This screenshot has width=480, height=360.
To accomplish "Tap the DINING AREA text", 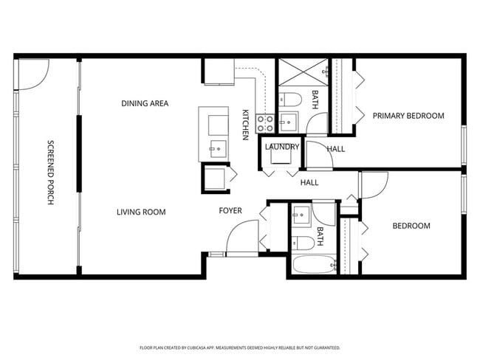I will pos(145,103).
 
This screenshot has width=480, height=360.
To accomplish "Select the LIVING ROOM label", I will pos(140,212).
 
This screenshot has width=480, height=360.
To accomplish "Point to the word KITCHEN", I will pos(245,124).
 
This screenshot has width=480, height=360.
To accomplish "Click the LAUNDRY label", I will pos(281,147).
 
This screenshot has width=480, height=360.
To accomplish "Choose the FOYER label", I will pos(230,211).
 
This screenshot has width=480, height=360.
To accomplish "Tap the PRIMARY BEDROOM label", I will pos(408,116).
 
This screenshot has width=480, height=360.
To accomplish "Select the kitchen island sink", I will pos(218,148).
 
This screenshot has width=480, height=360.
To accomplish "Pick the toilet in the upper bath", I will pos(289,100).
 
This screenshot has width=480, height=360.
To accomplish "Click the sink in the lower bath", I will pos(300,217).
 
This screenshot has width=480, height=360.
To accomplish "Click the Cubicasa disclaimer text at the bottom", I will pos(239,347).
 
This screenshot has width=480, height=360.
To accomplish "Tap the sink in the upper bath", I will pos(287,122).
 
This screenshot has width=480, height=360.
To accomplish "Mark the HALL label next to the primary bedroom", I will pos(336,149).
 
